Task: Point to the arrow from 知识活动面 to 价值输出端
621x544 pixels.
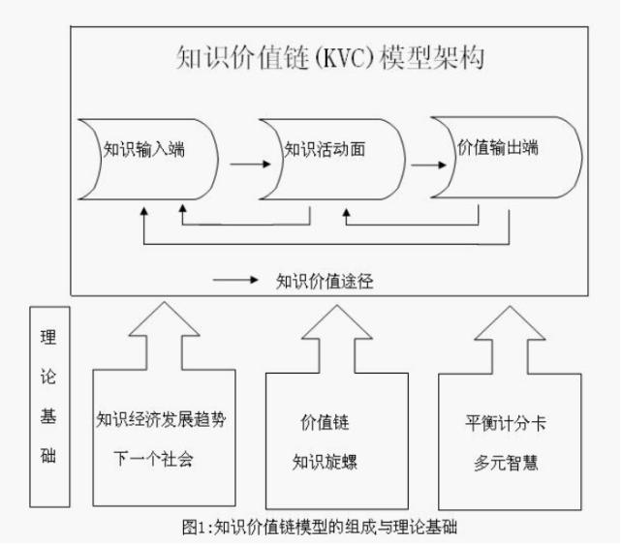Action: point(422,163)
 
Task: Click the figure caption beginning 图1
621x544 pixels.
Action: point(311,528)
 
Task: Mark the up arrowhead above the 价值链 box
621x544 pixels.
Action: point(330,319)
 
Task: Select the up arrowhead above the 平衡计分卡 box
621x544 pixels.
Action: point(502,319)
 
